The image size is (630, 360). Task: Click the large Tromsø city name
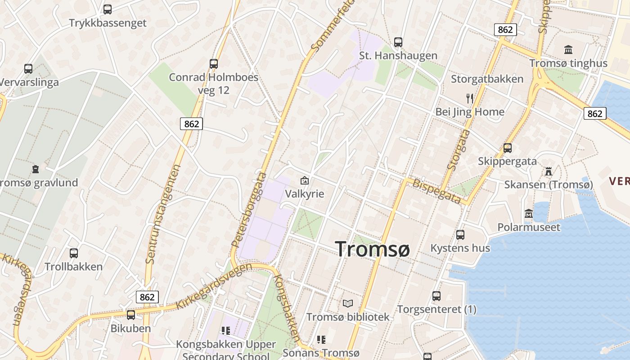click(372, 249)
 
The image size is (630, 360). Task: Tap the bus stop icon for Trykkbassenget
click(108, 9)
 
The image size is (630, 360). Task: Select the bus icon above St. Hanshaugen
click(398, 42)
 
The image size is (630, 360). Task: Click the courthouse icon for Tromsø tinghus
click(568, 50)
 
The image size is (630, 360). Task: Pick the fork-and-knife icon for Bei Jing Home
click(470, 98)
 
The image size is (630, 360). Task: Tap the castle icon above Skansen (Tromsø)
click(548, 171)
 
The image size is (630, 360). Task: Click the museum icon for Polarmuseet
click(529, 213)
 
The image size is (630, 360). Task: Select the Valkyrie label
click(305, 193)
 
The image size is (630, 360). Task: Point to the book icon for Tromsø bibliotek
click(347, 303)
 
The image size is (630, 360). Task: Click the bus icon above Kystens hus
click(460, 234)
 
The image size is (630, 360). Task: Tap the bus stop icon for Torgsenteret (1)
click(436, 296)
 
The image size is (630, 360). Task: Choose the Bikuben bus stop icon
click(131, 315)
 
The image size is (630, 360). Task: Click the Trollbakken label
click(74, 266)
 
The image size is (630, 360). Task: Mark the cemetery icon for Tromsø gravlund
click(36, 169)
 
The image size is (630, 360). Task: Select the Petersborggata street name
click(249, 209)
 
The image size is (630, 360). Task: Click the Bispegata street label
click(437, 191)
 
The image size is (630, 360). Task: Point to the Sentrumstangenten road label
click(162, 214)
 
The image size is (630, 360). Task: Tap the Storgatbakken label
click(487, 79)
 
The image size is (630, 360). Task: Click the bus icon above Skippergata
click(508, 148)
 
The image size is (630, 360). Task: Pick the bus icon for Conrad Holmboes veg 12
click(214, 64)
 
